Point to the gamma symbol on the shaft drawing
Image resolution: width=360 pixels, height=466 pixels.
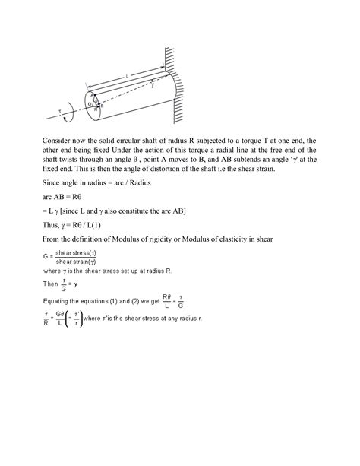point(153,86)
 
